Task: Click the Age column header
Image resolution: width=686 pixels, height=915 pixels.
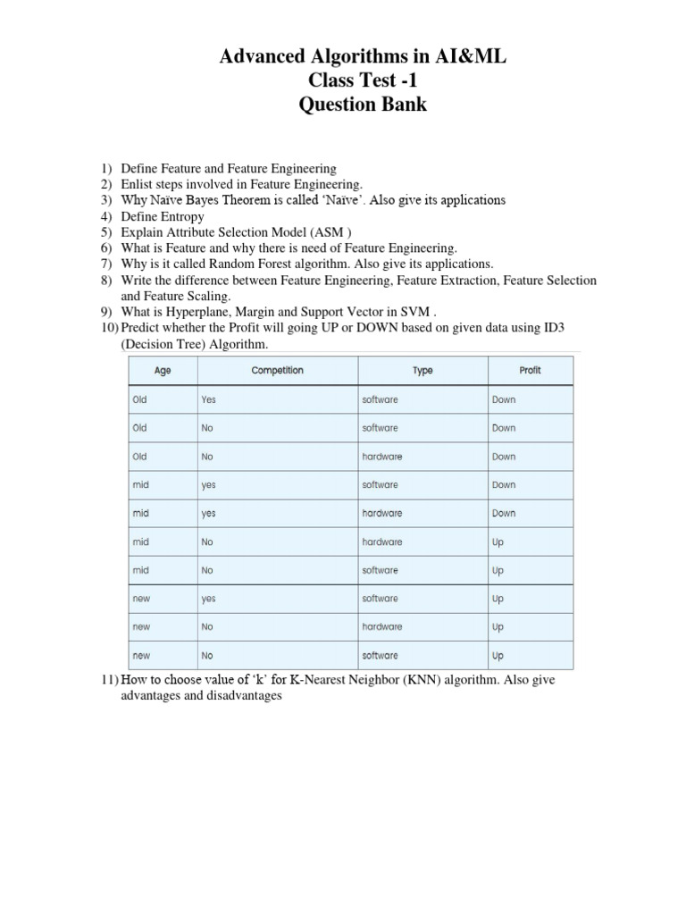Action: pos(163,370)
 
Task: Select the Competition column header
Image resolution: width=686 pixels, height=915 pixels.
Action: pos(277,370)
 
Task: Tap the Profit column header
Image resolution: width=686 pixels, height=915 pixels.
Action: pos(530,370)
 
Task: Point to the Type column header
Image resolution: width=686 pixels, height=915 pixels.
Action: pos(423,370)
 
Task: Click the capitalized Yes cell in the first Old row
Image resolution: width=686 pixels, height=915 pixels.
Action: pos(209,399)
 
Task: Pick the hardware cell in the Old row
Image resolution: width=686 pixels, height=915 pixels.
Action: pos(382,457)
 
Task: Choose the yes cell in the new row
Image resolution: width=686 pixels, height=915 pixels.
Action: pos(209,599)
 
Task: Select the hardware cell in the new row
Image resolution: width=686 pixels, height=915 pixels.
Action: pos(382,627)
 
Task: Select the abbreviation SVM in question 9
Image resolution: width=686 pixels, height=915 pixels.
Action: pos(415,313)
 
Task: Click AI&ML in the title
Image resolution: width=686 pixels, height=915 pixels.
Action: pos(470,57)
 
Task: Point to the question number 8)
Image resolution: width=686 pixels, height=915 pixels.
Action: pos(106,281)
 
